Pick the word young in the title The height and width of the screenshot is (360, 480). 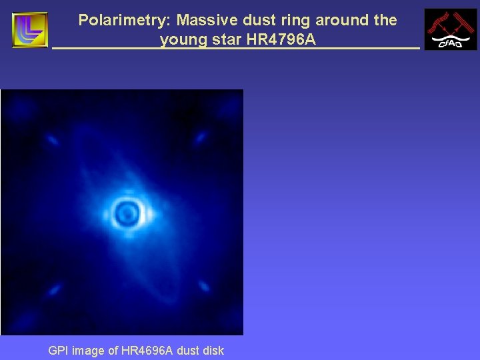pyautogui.click(x=182, y=40)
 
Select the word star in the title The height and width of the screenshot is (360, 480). pyautogui.click(x=225, y=40)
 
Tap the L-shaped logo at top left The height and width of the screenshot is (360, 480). pyautogui.click(x=30, y=30)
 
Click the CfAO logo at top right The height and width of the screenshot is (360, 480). pyautogui.click(x=451, y=29)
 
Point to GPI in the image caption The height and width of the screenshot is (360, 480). pyautogui.click(x=59, y=351)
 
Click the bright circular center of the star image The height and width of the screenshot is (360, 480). pyautogui.click(x=125, y=213)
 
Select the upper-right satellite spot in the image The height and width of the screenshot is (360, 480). pyautogui.click(x=199, y=138)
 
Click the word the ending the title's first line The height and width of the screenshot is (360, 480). pyautogui.click(x=385, y=21)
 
